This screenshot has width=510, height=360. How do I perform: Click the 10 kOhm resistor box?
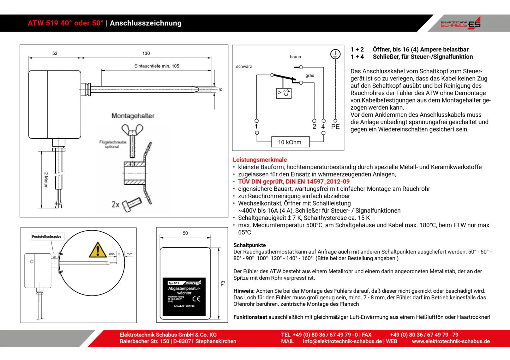pyautogui.click(x=290, y=142)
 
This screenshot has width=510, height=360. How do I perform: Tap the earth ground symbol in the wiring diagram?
pyautogui.click(x=335, y=54)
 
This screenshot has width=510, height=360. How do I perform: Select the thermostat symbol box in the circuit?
pyautogui.click(x=283, y=93)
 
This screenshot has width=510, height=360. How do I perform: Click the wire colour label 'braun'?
pyautogui.click(x=295, y=57)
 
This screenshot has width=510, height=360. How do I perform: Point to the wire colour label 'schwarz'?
pyautogui.click(x=244, y=66)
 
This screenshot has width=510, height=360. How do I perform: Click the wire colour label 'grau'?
pyautogui.click(x=310, y=75)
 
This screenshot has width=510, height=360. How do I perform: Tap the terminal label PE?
pyautogui.click(x=335, y=127)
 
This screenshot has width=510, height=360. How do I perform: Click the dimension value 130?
pyautogui.click(x=146, y=53)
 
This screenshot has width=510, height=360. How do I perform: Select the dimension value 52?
pyautogui.click(x=55, y=53)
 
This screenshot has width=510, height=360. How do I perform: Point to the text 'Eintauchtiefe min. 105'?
pyautogui.click(x=157, y=66)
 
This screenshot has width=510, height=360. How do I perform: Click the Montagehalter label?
pyautogui.click(x=133, y=116)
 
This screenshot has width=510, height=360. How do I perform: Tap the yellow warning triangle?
pyautogui.click(x=98, y=250)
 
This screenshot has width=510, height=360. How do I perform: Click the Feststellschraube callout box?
pyautogui.click(x=47, y=237)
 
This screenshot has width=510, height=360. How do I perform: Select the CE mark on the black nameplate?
pyautogui.click(x=196, y=299)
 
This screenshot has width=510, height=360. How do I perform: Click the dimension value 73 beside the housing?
pyautogui.click(x=223, y=283)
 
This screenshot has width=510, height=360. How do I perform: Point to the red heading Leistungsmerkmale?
pyautogui.click(x=260, y=160)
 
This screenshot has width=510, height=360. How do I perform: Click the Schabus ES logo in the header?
pyautogui.click(x=461, y=23)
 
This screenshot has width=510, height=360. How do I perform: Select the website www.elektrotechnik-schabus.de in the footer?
pyautogui.click(x=451, y=341)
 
